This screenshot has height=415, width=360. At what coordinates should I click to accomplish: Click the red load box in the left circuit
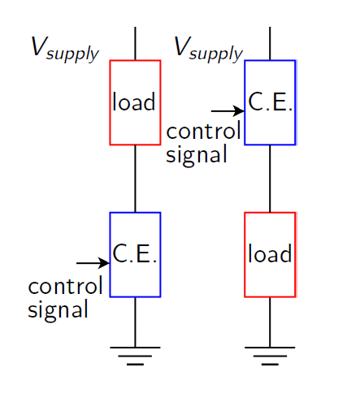click(135, 102)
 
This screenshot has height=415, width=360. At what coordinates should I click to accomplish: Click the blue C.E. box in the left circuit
click(135, 254)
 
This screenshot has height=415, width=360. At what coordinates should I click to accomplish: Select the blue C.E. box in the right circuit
click(270, 102)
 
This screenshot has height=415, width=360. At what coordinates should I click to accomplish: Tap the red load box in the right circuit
click(270, 254)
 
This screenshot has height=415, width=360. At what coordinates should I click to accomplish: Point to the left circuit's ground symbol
click(135, 355)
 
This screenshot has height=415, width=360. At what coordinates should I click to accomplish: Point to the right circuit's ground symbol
click(270, 355)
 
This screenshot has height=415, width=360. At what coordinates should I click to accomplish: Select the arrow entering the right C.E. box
click(228, 110)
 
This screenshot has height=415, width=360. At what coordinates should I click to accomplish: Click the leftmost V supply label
click(64, 49)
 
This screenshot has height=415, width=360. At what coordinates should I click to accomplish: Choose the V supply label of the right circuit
click(208, 49)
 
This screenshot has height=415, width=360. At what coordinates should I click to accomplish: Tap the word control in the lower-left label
click(65, 287)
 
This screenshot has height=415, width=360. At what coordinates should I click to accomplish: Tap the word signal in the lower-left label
click(58, 309)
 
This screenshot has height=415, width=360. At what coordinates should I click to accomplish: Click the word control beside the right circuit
click(203, 132)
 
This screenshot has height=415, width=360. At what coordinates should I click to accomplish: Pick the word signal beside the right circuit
click(196, 154)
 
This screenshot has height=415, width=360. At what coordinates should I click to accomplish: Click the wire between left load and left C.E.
click(135, 179)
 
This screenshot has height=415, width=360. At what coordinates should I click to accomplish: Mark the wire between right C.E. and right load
click(270, 179)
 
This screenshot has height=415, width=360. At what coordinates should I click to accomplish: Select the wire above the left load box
click(135, 43)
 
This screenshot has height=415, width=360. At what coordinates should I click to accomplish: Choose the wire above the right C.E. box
click(270, 43)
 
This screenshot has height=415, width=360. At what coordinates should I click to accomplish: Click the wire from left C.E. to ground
click(135, 322)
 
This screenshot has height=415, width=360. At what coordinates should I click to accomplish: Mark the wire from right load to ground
click(270, 322)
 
